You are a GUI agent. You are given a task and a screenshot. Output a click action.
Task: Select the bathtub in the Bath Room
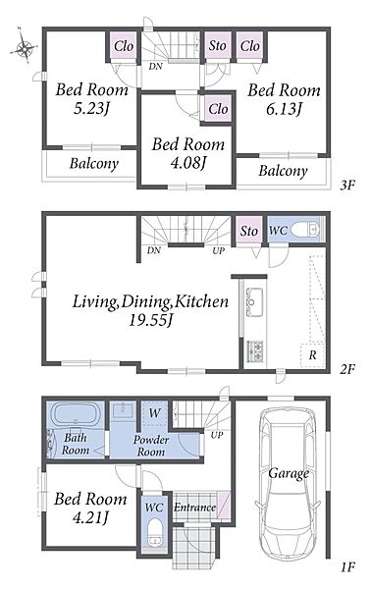pyautogui.click(x=77, y=414)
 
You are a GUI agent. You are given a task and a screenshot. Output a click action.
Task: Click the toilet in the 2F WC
pyautogui.click(x=305, y=229)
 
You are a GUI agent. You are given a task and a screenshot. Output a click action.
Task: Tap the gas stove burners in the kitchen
pyautogui.click(x=254, y=351)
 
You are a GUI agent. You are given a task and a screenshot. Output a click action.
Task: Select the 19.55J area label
pyautogui.click(x=150, y=320)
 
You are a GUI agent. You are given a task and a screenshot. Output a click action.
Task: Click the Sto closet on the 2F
pyautogui.click(x=249, y=231)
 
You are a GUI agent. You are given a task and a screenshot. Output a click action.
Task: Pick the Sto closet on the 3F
pyautogui.click(x=218, y=46)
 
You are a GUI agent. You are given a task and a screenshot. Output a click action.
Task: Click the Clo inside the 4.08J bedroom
pyautogui.click(x=218, y=109)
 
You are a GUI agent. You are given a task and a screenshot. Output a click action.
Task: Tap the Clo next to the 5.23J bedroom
pyautogui.click(x=123, y=46)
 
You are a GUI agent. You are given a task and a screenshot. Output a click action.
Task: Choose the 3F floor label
pyautogui.click(x=347, y=186)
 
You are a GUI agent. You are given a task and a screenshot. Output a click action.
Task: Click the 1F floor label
pyautogui.click(x=347, y=566)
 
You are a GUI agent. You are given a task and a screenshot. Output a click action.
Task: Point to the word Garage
pyautogui.click(x=288, y=474)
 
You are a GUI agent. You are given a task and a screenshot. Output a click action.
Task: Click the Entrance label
pyautogui.click(x=194, y=508)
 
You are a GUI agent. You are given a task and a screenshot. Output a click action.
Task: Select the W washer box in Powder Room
pyautogui.click(x=155, y=413)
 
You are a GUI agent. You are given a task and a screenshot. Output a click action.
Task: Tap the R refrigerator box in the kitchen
pyautogui.click(x=312, y=354)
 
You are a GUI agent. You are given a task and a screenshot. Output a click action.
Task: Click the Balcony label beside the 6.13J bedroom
pyautogui.click(x=283, y=171)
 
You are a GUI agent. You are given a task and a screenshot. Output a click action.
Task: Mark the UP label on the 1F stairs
pyautogui.click(x=217, y=435)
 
